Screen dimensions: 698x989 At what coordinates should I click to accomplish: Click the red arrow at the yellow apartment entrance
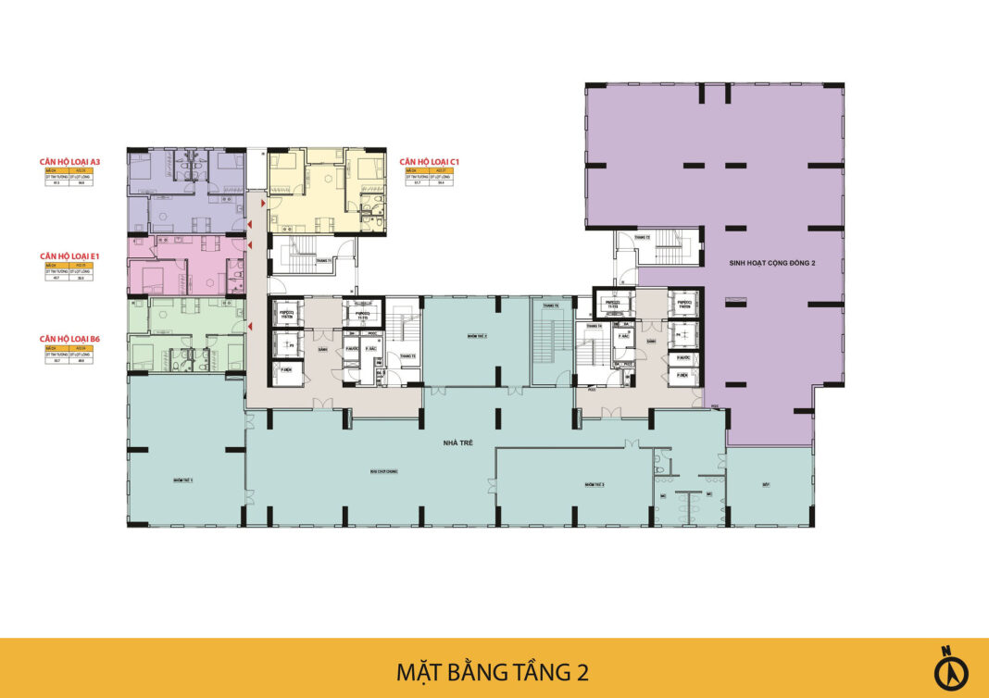263,201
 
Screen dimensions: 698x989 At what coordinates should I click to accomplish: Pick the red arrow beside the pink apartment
249,244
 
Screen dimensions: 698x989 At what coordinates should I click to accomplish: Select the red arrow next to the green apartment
249,326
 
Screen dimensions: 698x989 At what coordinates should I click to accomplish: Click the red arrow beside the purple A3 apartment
249,225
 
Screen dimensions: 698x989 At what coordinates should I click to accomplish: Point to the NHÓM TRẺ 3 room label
594,484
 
